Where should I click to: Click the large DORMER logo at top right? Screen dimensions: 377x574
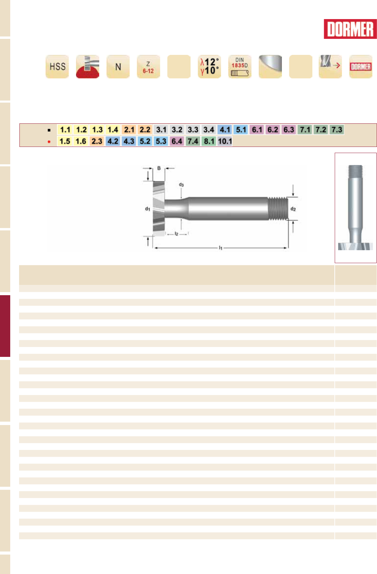tap(350, 29)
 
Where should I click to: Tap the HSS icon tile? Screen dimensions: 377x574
tap(57, 66)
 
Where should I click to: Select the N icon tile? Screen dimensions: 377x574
tap(118, 66)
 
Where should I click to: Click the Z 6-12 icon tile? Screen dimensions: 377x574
tap(148, 66)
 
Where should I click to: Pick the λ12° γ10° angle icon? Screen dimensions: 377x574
tap(209, 66)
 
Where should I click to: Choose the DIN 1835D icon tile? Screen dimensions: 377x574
tap(240, 66)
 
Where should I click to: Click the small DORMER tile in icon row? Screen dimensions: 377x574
tap(361, 66)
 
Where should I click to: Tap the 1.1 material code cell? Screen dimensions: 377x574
tap(65, 130)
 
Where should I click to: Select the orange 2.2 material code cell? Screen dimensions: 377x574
tap(145, 130)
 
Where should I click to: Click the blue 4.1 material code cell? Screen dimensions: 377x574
tap(225, 130)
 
